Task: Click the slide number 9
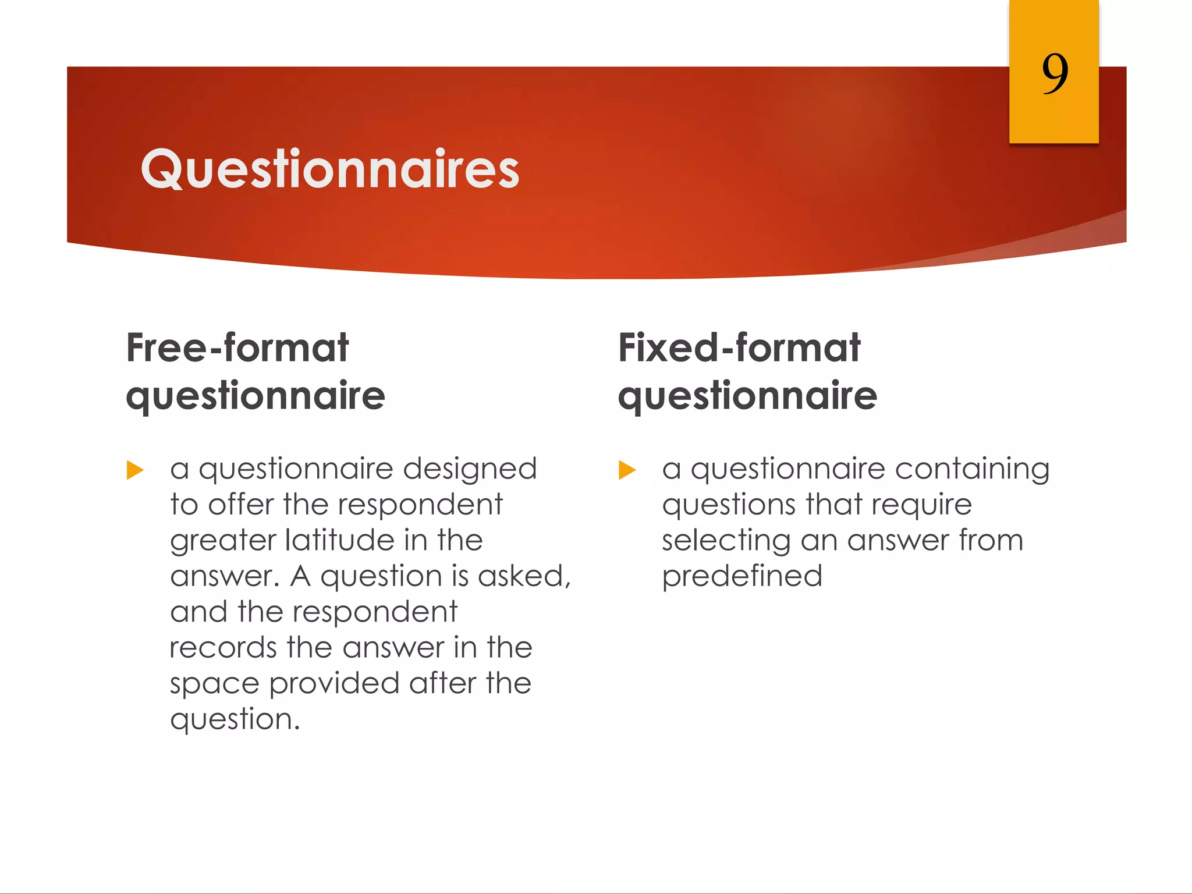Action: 1055,73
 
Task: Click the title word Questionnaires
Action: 330,169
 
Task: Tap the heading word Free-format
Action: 237,348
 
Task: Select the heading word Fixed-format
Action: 739,348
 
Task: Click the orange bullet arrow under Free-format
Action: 135,470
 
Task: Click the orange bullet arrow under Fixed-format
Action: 627,470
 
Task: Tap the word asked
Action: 524,576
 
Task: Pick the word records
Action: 223,648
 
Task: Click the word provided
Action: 334,684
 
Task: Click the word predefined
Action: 742,577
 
